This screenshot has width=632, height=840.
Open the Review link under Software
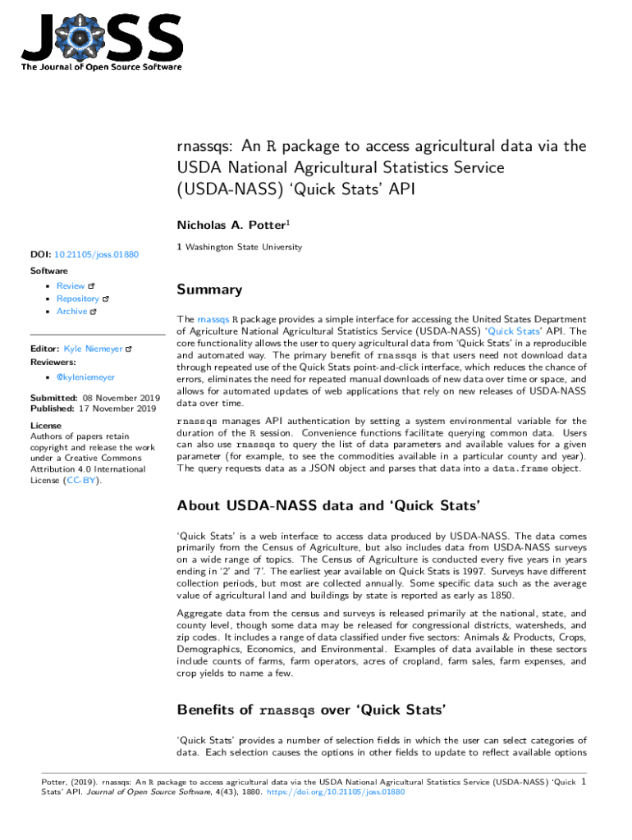[x=71, y=285]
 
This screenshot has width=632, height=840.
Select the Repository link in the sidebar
[x=77, y=299]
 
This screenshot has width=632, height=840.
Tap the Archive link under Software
[x=71, y=312]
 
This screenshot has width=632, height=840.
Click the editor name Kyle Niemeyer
[x=93, y=349]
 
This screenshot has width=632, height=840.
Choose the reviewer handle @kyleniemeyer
[x=86, y=377]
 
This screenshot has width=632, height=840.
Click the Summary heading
[x=209, y=290]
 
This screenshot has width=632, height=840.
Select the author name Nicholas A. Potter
[x=231, y=224]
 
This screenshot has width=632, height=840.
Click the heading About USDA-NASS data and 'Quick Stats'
[x=328, y=504]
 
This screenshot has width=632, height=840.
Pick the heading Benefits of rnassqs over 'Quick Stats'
[x=311, y=710]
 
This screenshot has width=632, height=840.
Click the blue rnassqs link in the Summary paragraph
[x=213, y=319]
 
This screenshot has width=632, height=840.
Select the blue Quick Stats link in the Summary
[x=511, y=331]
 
